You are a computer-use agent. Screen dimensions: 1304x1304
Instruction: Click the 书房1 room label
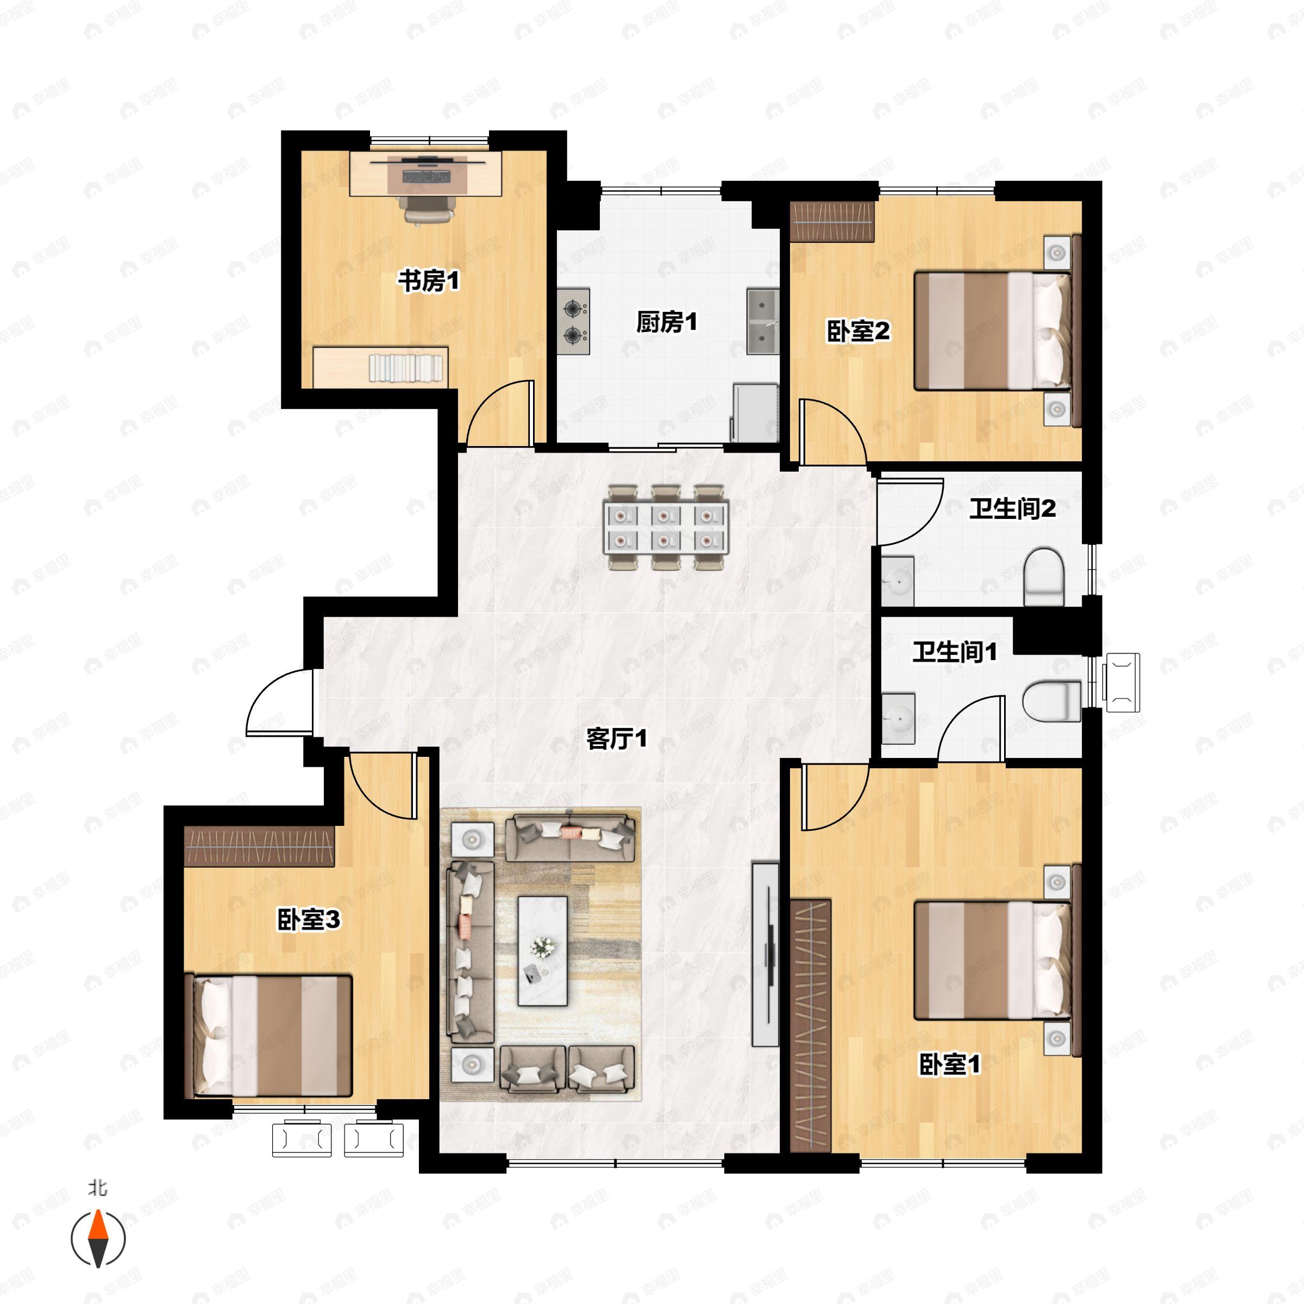point(428,280)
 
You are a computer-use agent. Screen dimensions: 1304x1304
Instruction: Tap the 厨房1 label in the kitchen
point(666,322)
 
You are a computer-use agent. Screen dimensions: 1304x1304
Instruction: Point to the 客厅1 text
point(616,738)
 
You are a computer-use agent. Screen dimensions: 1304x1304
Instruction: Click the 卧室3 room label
point(309,919)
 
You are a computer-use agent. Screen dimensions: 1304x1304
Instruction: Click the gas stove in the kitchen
point(574,321)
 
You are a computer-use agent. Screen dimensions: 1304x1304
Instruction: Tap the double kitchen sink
point(763,321)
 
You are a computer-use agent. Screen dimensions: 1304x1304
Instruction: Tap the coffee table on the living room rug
point(542,950)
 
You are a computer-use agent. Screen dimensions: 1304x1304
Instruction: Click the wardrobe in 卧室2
point(831,221)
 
